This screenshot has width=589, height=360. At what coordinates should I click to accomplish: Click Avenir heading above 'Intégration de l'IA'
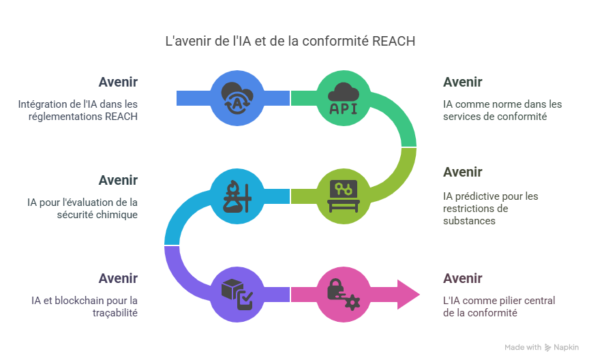[118, 82]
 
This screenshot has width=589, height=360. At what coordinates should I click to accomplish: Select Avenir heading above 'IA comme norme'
[462, 82]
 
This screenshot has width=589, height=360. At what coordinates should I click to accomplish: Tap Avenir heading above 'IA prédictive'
[462, 172]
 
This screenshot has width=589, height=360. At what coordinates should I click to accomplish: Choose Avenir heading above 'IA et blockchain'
[118, 278]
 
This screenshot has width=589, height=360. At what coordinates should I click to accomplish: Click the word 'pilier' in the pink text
[497, 300]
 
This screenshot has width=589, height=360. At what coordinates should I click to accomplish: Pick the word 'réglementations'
[70, 117]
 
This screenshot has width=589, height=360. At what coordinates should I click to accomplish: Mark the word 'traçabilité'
[116, 313]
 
